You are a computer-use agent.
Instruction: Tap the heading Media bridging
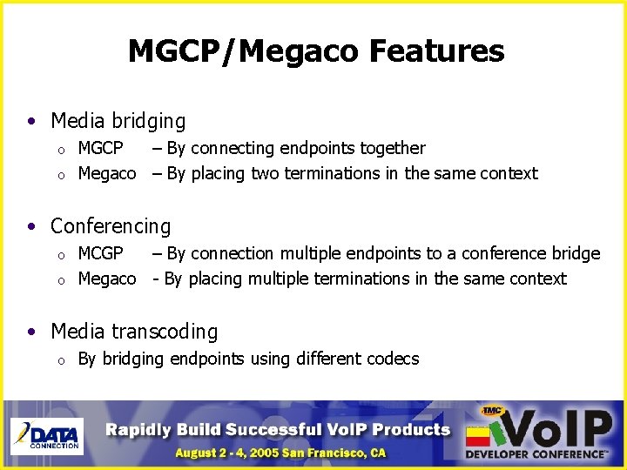118,121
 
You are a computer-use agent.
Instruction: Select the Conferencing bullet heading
111,226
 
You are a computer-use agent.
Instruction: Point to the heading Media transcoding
134,332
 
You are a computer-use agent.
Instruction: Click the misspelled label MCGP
100,253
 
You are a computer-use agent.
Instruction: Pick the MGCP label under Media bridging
100,148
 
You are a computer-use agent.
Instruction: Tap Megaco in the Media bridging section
107,173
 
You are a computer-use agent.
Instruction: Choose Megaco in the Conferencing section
107,279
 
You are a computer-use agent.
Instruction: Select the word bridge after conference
576,253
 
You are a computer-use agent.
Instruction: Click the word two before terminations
265,173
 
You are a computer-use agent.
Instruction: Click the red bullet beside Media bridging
32,121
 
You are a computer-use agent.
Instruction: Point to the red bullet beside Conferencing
32,226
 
